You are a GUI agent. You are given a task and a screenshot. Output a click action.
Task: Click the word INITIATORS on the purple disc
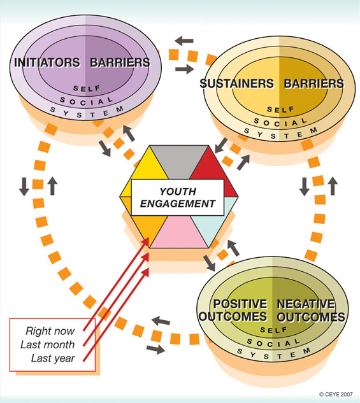coord(47,62)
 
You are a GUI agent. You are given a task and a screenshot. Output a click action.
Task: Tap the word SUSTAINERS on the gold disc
coord(237,83)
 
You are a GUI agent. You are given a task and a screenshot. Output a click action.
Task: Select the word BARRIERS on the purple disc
coord(120,62)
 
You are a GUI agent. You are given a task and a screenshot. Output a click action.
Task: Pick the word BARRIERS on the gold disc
coord(313,83)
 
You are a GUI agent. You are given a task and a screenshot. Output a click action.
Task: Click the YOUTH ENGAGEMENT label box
coord(177,197)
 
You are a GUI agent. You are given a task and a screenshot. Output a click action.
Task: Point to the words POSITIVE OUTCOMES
coord(233,310)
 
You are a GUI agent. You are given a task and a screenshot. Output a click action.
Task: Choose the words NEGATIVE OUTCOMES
coord(311,311)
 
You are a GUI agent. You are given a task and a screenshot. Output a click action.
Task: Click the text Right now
coord(50,331)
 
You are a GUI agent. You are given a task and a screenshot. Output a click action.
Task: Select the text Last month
coord(48,344)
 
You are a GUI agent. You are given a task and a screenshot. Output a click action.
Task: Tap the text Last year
coord(53,358)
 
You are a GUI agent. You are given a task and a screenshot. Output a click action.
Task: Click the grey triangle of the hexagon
coord(179,159)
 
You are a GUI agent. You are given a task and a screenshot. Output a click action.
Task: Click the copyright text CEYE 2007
coord(336,394)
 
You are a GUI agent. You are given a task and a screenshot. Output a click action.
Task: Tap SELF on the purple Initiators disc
coord(87,88)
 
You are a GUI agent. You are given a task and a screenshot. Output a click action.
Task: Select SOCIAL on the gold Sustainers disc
coord(280,122)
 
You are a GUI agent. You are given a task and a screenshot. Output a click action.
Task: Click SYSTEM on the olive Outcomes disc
coord(274,353)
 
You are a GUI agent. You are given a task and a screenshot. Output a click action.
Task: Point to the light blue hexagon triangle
coord(213,221)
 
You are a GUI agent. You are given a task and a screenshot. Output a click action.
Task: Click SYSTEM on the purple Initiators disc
coord(87,112)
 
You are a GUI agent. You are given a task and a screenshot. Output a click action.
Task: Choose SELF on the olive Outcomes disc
coord(273,330)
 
